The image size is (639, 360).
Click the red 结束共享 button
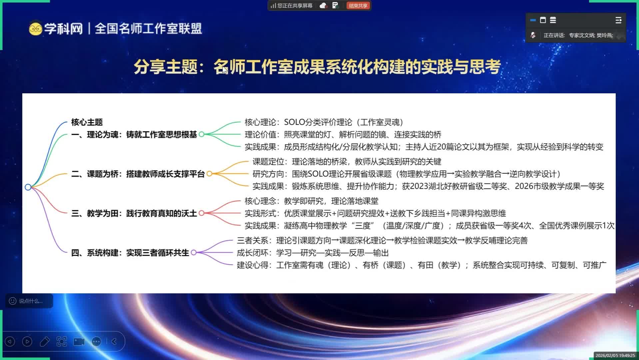click(x=358, y=6)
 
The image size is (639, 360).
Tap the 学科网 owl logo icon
click(x=35, y=29)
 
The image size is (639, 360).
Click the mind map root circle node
click(x=28, y=187)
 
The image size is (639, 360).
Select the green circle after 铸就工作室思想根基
click(x=202, y=134)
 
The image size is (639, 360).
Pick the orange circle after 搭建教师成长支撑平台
click(x=209, y=174)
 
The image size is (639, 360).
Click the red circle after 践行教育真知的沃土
click(x=202, y=213)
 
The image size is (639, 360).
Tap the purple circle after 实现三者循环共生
click(x=194, y=253)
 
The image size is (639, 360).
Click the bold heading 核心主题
click(x=87, y=122)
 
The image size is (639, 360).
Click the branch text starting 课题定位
click(x=347, y=162)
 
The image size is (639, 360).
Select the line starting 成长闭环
click(x=313, y=253)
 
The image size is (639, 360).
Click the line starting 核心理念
click(x=312, y=201)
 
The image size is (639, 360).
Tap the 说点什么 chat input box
click(x=29, y=301)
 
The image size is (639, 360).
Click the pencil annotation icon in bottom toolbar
click(x=45, y=341)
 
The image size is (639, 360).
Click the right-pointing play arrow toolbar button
click(x=27, y=341)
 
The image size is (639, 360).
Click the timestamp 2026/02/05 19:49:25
click(x=615, y=356)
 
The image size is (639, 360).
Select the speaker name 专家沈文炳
click(x=582, y=35)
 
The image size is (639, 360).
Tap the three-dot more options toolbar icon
click(x=96, y=341)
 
